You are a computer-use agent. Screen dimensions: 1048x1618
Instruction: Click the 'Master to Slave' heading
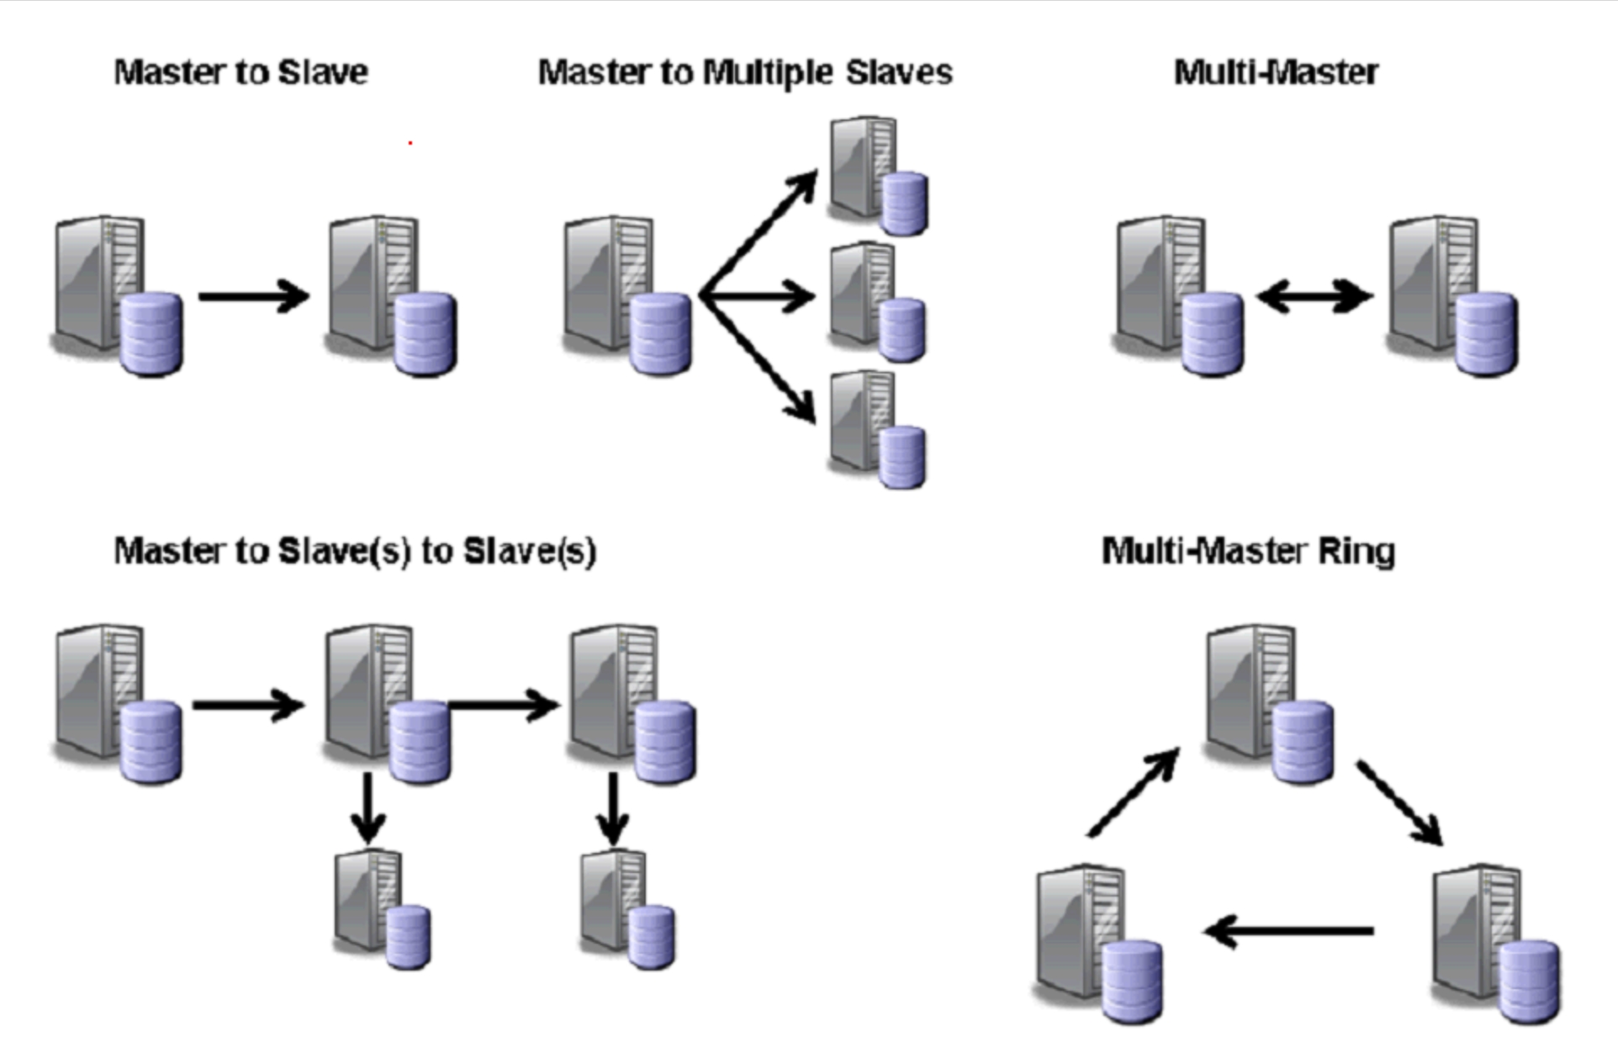[x=241, y=72]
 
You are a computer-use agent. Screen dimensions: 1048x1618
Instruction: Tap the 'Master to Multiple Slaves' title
[x=744, y=72]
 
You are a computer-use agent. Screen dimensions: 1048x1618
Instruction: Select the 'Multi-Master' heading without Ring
[x=1275, y=72]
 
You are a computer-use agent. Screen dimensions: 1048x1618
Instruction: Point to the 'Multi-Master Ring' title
[x=1248, y=552]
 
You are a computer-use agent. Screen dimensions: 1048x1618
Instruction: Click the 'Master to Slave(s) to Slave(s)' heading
[x=355, y=552]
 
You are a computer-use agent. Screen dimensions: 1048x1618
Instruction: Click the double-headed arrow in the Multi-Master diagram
[x=1314, y=296]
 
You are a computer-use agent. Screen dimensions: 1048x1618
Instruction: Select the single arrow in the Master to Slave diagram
[x=254, y=296]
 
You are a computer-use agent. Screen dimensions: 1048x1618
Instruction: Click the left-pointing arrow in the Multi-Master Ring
[x=1288, y=931]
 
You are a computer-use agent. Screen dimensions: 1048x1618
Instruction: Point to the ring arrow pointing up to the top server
[x=1133, y=792]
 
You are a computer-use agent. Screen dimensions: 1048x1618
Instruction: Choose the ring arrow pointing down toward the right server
[x=1399, y=802]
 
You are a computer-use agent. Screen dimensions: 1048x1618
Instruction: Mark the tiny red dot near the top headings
[x=410, y=143]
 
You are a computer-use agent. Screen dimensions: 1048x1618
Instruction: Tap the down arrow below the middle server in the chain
[x=367, y=808]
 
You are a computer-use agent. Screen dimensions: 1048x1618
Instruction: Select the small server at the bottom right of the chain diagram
[x=627, y=910]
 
